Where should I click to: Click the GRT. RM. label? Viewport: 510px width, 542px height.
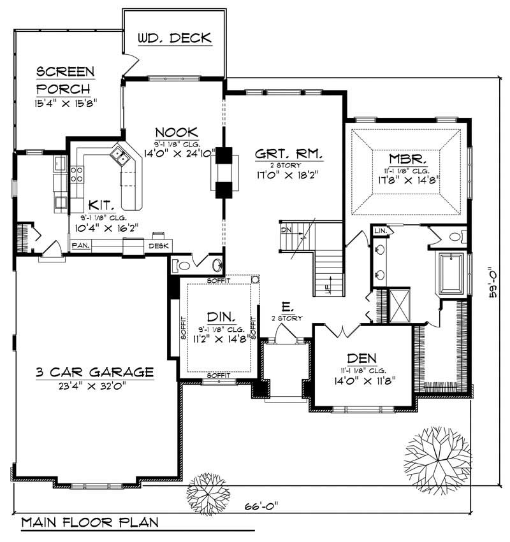click(x=289, y=155)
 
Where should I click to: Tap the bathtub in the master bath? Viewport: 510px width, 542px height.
click(x=451, y=274)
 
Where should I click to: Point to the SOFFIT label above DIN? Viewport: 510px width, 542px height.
click(x=219, y=280)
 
